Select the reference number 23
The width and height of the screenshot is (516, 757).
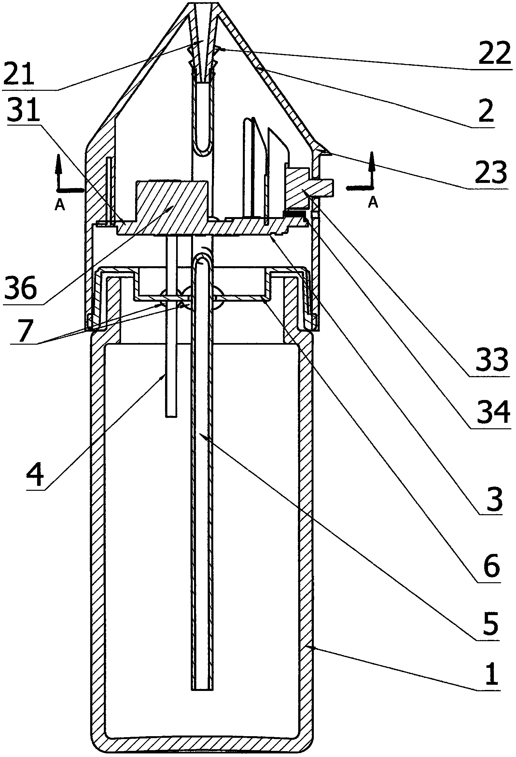click(491, 172)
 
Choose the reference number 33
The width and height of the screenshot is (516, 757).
click(492, 360)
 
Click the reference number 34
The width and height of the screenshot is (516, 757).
click(493, 412)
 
